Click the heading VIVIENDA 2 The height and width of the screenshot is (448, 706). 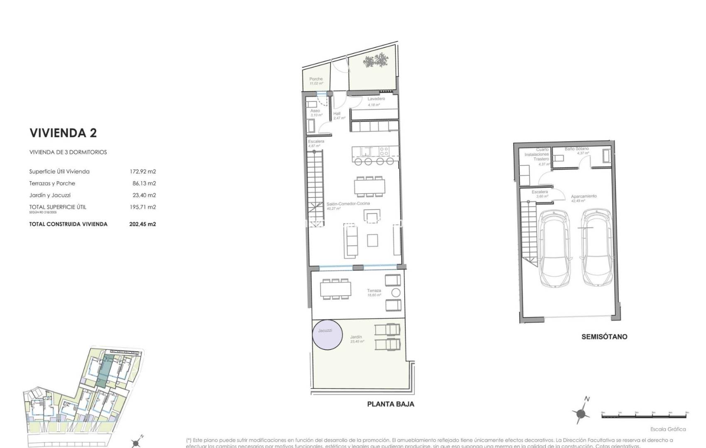click(63, 133)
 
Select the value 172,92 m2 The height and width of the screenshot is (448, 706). click(142, 171)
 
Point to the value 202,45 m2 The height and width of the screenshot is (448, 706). click(142, 224)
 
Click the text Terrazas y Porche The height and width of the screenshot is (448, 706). click(52, 183)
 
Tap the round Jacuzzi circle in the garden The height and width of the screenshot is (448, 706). click(327, 334)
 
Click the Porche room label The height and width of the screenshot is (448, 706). click(316, 79)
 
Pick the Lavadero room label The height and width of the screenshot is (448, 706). click(376, 99)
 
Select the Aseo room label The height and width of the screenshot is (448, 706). click(315, 111)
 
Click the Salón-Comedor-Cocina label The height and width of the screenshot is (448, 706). click(348, 204)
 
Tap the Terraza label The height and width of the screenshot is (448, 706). click(374, 291)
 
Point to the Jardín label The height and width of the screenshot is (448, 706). click(356, 337)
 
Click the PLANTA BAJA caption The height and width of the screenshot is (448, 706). click(390, 404)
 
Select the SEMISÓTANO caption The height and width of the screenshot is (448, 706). click(604, 337)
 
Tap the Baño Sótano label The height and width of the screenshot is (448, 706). click(576, 149)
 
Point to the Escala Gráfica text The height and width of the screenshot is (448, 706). click(668, 429)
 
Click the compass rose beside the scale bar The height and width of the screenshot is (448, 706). click(581, 414)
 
